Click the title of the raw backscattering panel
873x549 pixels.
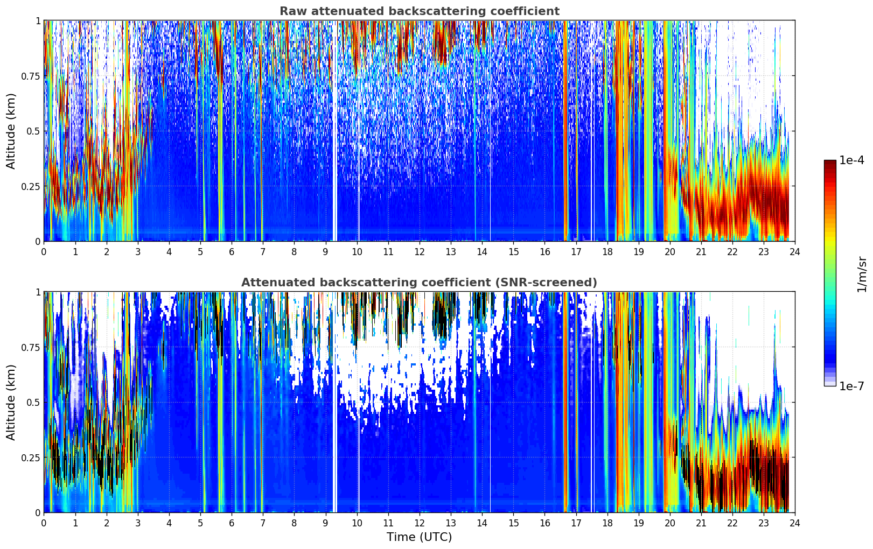point(419,11)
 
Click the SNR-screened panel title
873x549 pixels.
point(419,283)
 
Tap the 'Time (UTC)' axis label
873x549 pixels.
point(419,537)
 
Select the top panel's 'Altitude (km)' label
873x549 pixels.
point(11,131)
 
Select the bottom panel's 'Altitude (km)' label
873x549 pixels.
point(11,402)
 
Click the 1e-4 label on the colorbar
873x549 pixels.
point(851,160)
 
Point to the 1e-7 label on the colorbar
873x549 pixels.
point(851,386)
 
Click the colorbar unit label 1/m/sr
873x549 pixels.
point(862,274)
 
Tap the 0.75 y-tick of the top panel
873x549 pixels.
point(31,76)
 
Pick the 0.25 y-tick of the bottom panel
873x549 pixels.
point(31,457)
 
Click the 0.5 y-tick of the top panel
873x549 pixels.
point(34,131)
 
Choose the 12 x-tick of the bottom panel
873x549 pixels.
point(419,523)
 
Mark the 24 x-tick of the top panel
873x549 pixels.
point(795,252)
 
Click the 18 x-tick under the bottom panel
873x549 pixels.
point(607,523)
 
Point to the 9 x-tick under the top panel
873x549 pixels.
point(325,252)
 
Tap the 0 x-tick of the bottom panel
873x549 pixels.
point(44,523)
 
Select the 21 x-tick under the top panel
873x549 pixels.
point(701,252)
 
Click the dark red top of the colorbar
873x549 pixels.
point(830,163)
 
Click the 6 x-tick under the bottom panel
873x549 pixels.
point(232,523)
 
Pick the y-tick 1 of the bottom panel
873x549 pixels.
point(38,292)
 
